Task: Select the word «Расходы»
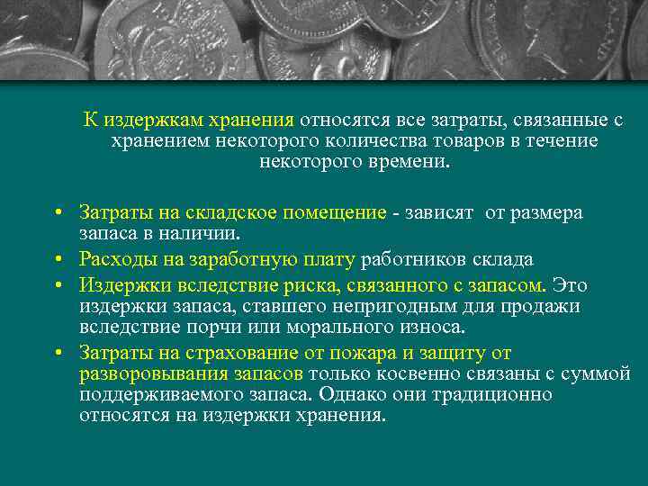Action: point(115,260)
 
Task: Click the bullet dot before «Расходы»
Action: point(57,261)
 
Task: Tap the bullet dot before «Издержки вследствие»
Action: point(57,286)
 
